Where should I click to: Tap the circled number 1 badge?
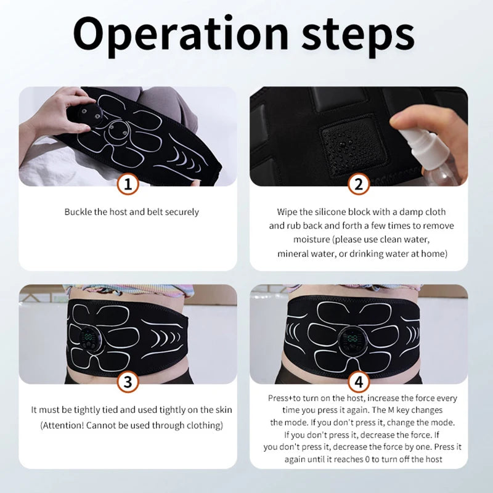128,183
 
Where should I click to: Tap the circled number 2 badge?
359,183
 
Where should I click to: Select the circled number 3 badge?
128,381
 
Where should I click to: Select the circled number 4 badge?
359,381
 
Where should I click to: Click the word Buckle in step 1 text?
78,212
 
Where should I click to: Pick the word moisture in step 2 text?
311,239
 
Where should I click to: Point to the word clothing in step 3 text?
203,425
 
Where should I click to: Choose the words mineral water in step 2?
306,253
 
